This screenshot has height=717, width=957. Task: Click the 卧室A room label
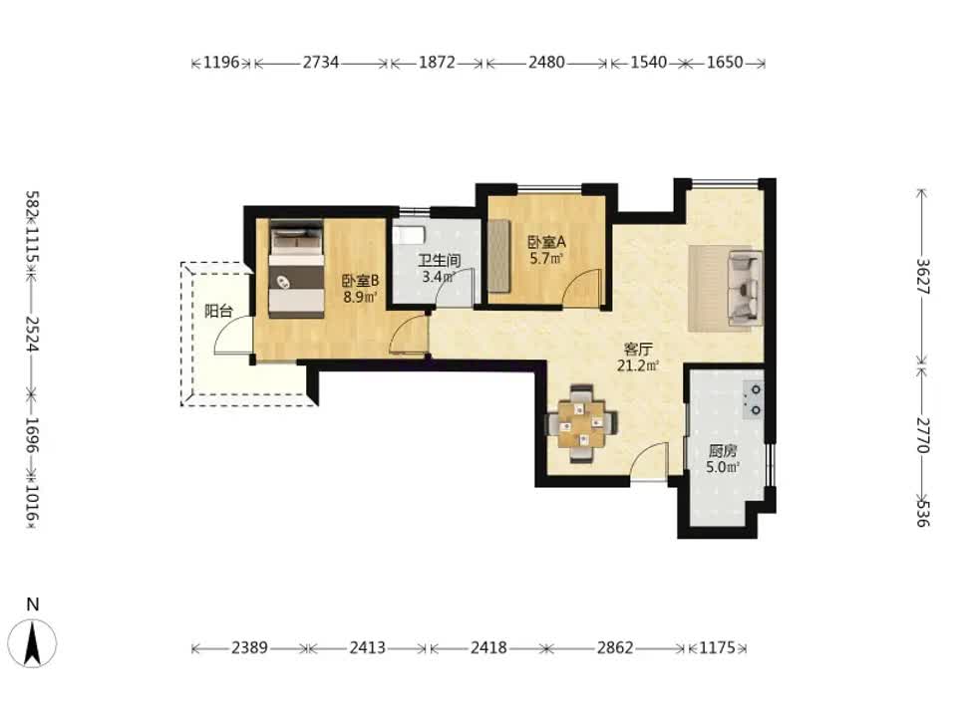(546, 242)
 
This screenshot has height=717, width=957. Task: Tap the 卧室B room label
(360, 281)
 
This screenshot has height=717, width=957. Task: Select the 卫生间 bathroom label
(440, 261)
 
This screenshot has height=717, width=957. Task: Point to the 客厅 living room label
(638, 350)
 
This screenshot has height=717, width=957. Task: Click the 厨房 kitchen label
(723, 452)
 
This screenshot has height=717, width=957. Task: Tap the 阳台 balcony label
(218, 311)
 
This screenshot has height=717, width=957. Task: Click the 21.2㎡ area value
(638, 365)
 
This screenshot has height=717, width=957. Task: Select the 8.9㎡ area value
(360, 298)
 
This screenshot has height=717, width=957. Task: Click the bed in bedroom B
(297, 269)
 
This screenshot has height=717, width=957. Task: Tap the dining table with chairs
(582, 423)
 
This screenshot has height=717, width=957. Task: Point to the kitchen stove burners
(754, 399)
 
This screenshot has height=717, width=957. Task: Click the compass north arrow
(32, 642)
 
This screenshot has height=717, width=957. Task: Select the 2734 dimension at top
(321, 62)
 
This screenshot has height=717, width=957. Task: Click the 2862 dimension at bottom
(615, 647)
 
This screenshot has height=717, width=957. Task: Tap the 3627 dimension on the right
(921, 277)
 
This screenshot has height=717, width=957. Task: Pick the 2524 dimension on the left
(32, 335)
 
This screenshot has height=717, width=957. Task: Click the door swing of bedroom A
(582, 287)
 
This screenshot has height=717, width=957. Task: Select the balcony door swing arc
(233, 335)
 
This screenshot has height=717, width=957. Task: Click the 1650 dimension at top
(725, 62)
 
